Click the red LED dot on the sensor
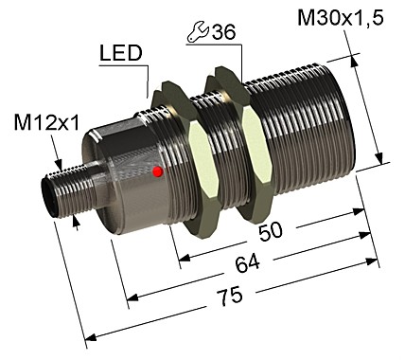[x=157, y=171]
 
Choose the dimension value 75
[x=227, y=297]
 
